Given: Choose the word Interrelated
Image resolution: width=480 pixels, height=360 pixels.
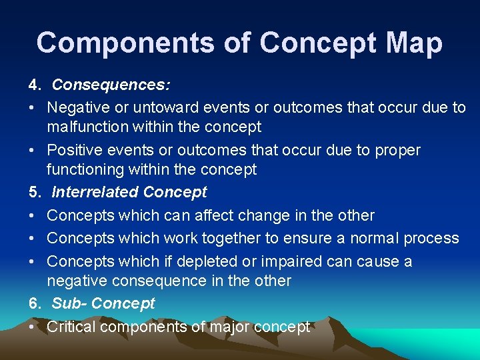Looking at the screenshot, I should pos(95,193).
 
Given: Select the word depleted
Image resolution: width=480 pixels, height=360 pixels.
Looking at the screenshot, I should pos(204,261).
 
